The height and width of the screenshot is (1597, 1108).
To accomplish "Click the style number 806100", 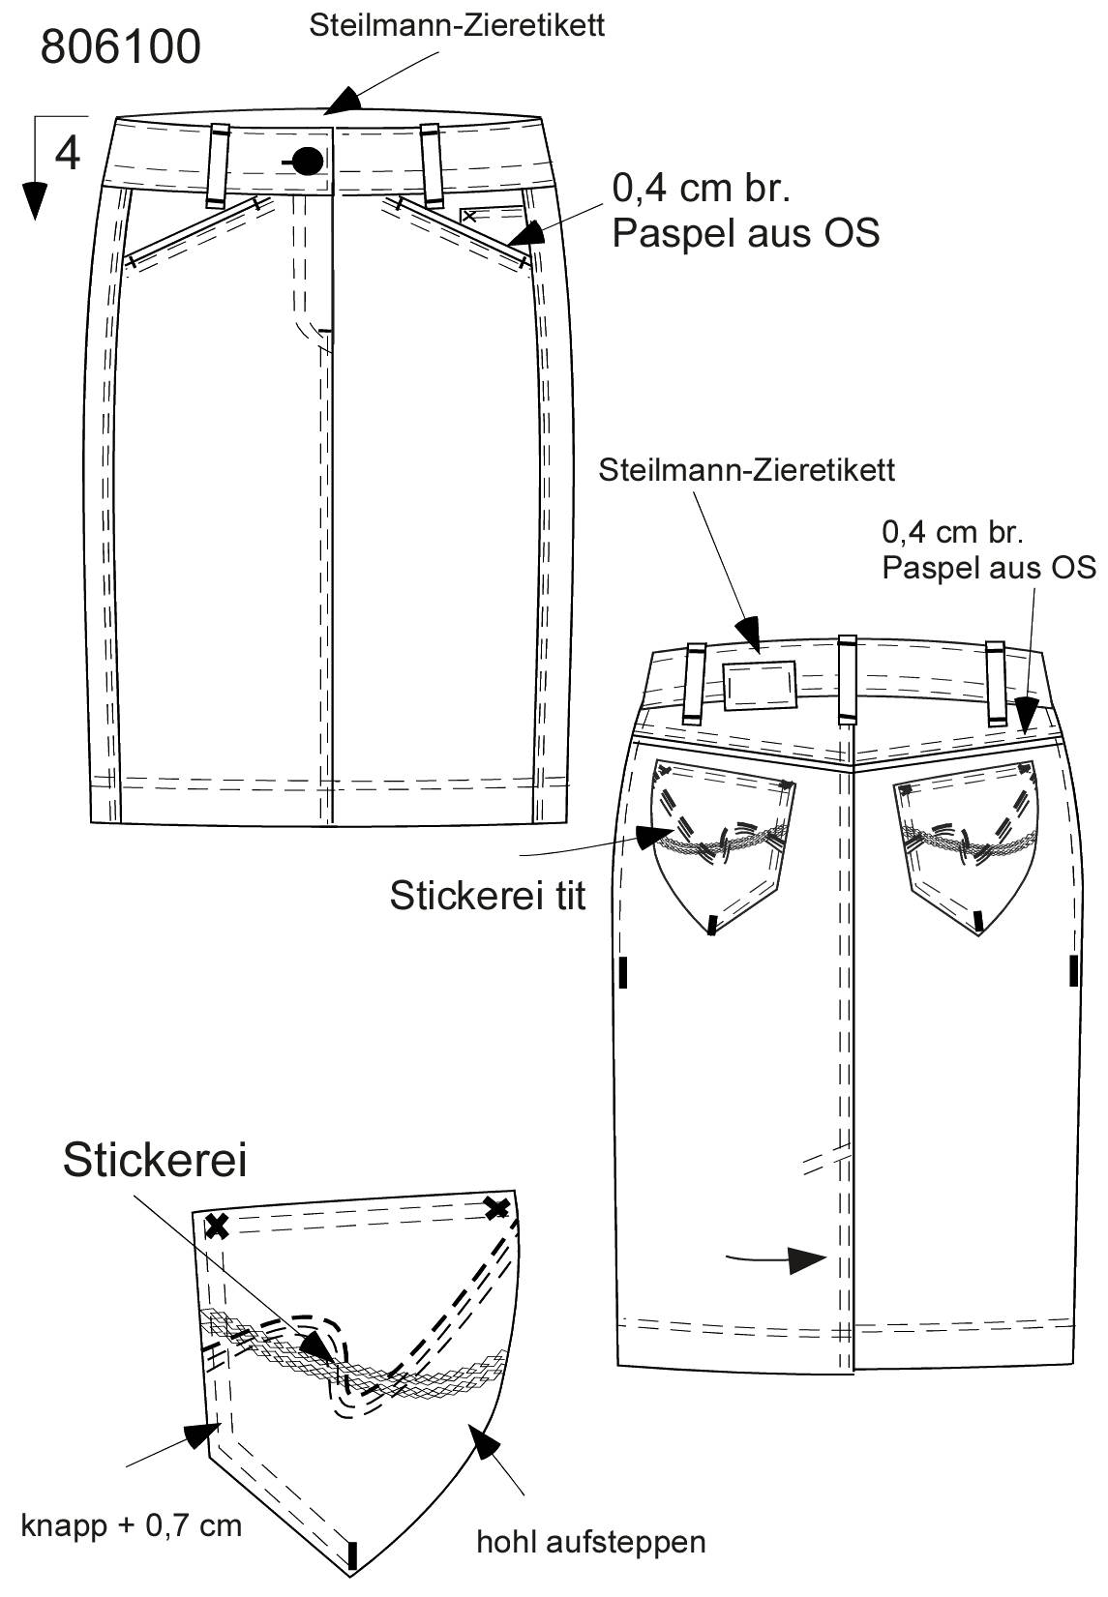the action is tap(121, 47).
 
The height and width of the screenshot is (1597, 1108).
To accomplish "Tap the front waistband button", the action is tap(308, 162).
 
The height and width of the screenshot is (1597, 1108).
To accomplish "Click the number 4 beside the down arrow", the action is tap(68, 153).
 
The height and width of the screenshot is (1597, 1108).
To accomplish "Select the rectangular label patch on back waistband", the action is tap(760, 685).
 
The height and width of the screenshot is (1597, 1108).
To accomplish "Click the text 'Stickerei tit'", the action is tap(488, 896).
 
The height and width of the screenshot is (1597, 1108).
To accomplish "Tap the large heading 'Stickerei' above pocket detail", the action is tap(155, 1160).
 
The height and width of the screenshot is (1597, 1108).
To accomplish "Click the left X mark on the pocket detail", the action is tap(217, 1227).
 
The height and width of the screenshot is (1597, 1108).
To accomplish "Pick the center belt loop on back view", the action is tap(848, 679).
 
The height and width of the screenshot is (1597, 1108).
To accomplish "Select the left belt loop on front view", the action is tap(219, 164).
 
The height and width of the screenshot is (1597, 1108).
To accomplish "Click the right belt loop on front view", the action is tap(431, 164).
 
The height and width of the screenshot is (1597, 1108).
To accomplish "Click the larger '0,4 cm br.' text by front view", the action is tap(702, 189).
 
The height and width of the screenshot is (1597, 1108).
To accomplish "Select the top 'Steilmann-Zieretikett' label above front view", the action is tap(458, 26).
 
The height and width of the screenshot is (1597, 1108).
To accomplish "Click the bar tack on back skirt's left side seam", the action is tap(623, 972).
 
